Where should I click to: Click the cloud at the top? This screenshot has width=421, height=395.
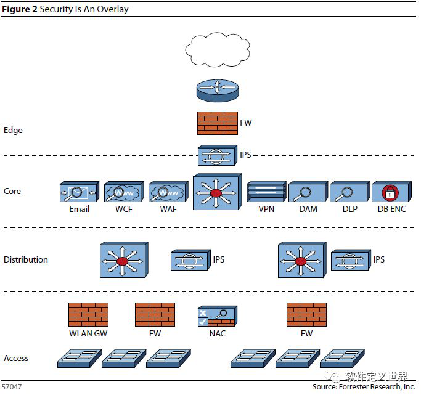point(218,49)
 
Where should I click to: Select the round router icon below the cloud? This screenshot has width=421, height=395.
point(218,91)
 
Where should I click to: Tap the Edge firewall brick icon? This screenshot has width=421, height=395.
point(218,123)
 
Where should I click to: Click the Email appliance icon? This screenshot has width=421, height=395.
point(80,192)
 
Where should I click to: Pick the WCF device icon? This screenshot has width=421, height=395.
point(124,192)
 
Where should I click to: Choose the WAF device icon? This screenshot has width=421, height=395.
point(169,192)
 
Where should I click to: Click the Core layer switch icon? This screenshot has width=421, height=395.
point(217,192)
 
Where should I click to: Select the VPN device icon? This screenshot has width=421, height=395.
point(266,192)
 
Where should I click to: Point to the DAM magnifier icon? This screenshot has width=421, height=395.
point(302,193)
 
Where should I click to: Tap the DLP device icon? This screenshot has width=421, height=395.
point(349,192)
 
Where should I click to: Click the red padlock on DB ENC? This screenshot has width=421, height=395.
point(390,192)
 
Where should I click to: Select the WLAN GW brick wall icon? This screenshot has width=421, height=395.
point(88,314)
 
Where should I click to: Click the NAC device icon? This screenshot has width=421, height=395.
point(218,316)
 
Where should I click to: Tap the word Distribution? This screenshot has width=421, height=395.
point(26,259)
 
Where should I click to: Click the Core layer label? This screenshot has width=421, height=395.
point(12,191)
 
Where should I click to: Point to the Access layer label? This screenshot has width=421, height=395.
point(16,358)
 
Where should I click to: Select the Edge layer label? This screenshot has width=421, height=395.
point(13,130)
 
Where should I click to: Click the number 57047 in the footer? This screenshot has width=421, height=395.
point(12,387)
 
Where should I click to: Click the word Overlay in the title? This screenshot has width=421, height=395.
point(113,9)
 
